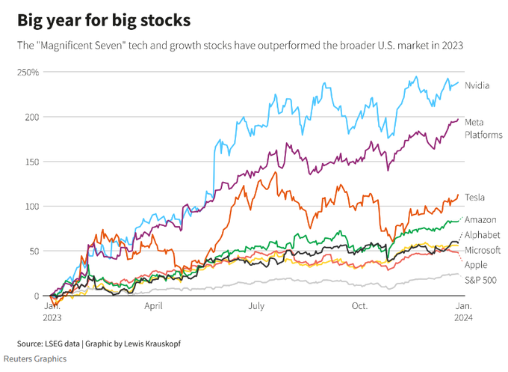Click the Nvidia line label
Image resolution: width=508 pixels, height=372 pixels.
tap(477, 85)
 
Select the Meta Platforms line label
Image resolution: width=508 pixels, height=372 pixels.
tap(483, 128)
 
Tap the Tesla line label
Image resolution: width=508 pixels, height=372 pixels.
tap(475, 197)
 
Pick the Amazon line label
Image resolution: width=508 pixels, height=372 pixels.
tap(480, 220)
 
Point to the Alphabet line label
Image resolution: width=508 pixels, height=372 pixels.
tap(483, 235)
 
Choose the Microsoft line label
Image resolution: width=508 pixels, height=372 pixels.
tap(483, 250)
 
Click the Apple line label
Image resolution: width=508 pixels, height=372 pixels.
tap(476, 265)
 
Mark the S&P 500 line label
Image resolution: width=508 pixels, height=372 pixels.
tap(480, 281)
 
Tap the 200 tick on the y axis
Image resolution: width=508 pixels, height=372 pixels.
tap(31, 117)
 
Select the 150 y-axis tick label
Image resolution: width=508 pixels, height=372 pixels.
tap(31, 162)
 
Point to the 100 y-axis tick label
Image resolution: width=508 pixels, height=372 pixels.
tap(31, 207)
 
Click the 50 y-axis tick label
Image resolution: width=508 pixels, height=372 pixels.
tap(33, 251)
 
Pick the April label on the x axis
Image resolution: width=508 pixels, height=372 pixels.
tap(153, 306)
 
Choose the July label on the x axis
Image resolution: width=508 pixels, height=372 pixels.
tap(256, 306)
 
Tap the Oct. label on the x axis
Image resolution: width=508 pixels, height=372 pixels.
tap(359, 306)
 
